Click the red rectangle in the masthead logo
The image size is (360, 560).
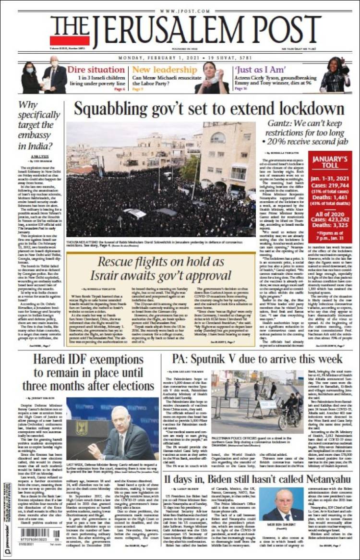(70, 41)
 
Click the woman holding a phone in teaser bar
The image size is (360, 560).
(212, 77)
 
